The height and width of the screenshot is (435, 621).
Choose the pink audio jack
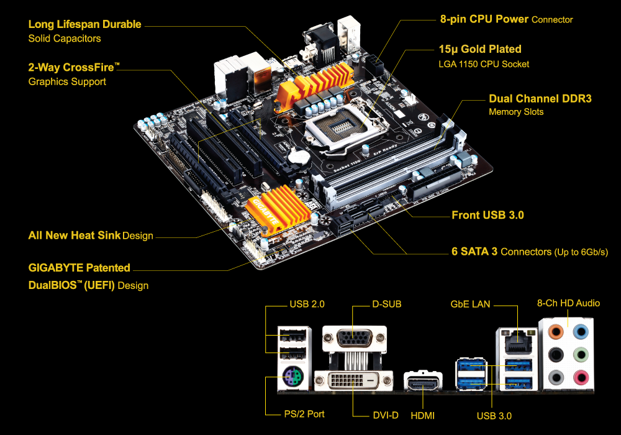pos(581,377)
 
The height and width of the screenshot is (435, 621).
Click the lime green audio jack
pos(581,354)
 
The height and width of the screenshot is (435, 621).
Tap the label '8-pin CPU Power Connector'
pos(506,19)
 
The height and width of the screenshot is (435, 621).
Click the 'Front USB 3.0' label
pos(487,215)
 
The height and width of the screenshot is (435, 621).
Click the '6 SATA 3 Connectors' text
pos(529,252)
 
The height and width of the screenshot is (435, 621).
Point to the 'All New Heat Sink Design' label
pos(91,236)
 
